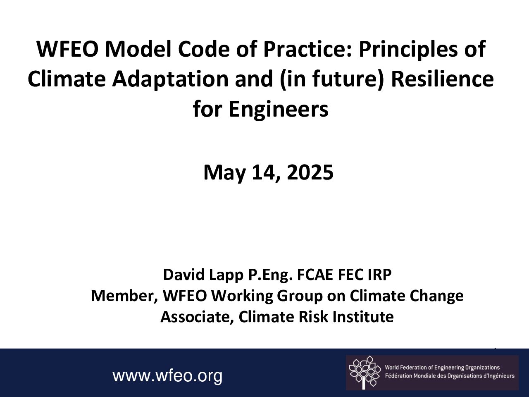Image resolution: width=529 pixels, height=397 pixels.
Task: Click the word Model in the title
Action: (138, 49)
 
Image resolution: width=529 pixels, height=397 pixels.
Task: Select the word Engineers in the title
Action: (279, 110)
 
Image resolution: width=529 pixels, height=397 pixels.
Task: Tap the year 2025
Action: (310, 172)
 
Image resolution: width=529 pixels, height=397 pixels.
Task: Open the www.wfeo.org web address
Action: (167, 376)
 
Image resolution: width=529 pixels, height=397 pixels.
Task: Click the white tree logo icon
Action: (365, 373)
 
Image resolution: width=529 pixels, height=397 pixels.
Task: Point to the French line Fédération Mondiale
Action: (450, 376)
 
